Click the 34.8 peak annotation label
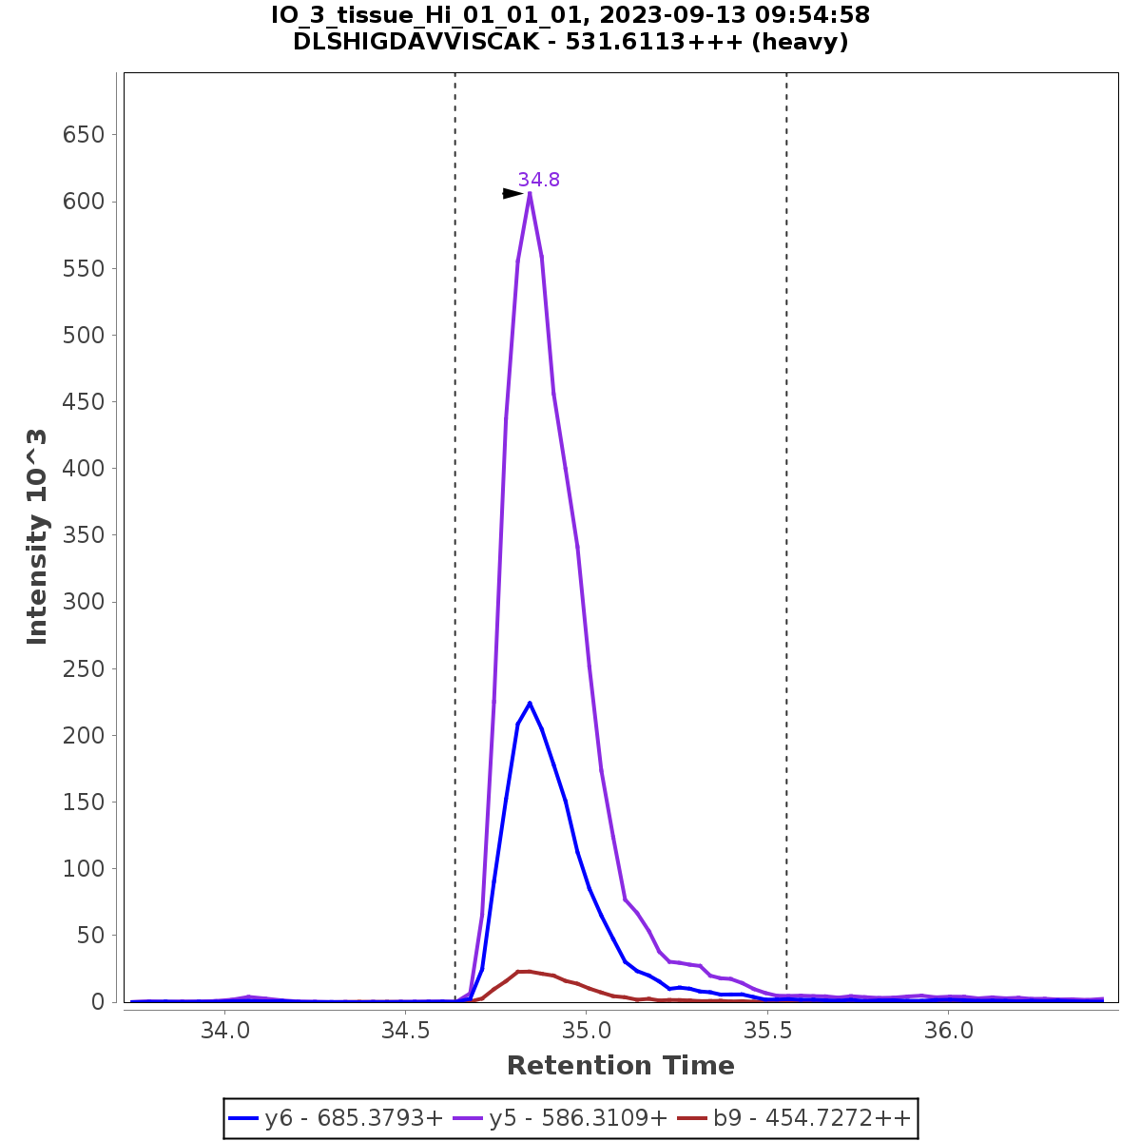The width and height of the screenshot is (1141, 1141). click(538, 180)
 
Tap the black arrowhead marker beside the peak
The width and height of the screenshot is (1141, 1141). click(512, 194)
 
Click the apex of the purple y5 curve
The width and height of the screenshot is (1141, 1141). click(530, 194)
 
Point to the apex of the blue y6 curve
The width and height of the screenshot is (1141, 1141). click(530, 703)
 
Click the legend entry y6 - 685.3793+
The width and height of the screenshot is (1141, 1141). click(336, 1118)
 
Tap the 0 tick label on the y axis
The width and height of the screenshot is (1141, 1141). click(99, 1002)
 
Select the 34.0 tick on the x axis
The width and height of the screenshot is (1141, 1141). click(224, 1031)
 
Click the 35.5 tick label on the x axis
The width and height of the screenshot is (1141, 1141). click(767, 1031)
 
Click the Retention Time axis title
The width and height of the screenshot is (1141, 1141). click(620, 1066)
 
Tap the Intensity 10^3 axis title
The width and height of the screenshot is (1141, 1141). click(38, 537)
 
